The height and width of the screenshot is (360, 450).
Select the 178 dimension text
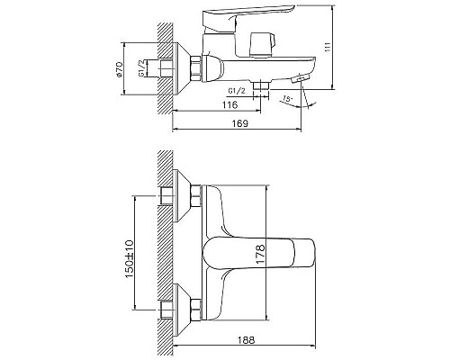tap(260, 254)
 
